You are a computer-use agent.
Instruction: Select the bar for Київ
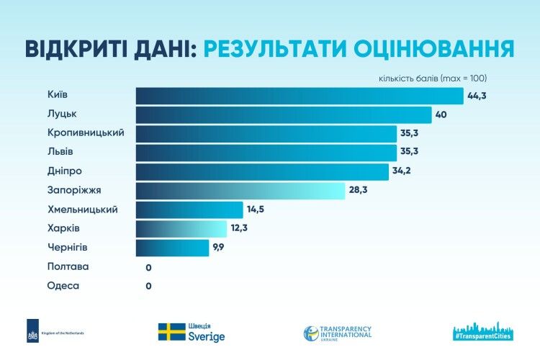[x=299, y=96]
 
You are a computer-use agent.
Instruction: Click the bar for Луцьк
[x=283, y=115]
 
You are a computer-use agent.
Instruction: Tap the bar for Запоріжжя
[x=240, y=191]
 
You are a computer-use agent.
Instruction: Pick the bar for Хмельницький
[x=189, y=210]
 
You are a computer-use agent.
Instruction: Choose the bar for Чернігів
[x=172, y=248]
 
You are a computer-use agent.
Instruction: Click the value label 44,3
[x=477, y=96]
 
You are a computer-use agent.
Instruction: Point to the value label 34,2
[x=402, y=172]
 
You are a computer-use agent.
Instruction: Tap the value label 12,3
[x=239, y=229]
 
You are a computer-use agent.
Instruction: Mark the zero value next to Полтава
[x=148, y=267]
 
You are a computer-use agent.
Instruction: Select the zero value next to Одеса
[x=148, y=286]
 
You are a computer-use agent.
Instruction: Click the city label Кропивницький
[x=86, y=133]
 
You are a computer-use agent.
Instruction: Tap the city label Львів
[x=60, y=152]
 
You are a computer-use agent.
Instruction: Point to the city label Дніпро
[x=64, y=171]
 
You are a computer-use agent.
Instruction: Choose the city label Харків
[x=63, y=228]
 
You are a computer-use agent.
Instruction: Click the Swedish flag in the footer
[x=171, y=331]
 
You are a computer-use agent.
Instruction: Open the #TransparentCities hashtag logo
[x=482, y=330]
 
